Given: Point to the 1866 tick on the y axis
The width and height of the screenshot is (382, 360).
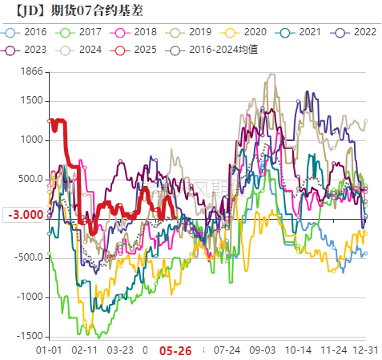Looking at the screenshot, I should coord(33,71).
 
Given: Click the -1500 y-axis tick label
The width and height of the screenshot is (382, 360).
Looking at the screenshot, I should coord(30,335).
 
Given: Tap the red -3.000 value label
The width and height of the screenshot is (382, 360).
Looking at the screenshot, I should coord(24,215).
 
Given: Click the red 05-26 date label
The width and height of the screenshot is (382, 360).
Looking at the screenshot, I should coord(175,350).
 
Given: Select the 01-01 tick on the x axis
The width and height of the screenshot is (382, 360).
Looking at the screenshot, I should coord(49,350).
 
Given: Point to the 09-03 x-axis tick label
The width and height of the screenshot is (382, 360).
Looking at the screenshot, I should coord(263,350).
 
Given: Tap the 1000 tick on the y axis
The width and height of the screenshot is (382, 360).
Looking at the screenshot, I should coord(33,140).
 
